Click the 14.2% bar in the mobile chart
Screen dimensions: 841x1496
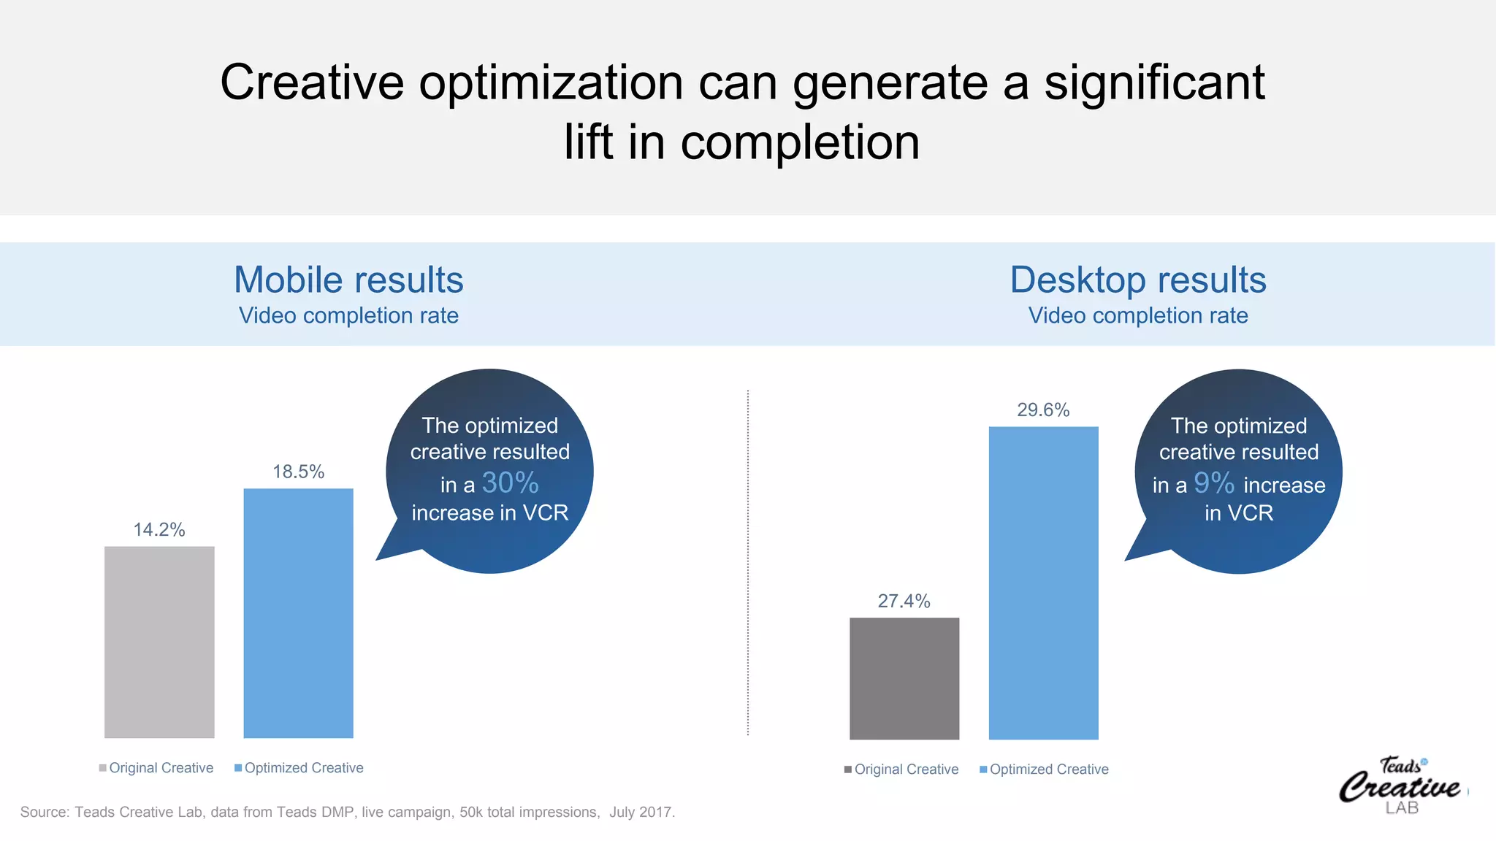click(159, 642)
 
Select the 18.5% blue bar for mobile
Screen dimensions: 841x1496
click(298, 613)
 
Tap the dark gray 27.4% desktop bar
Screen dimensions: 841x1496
click(904, 678)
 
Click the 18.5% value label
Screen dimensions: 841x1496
click(298, 472)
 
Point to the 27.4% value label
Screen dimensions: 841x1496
click(904, 601)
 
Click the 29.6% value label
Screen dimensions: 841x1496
click(1043, 410)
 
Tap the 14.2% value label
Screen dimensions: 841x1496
click(159, 529)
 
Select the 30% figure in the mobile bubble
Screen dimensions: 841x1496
click(510, 483)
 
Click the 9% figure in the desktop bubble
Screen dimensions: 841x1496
click(1213, 483)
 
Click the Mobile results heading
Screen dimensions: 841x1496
click(348, 280)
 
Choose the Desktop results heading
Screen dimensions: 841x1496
click(1137, 280)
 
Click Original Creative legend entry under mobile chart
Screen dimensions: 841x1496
click(157, 768)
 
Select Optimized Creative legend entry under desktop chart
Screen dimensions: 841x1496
click(1045, 769)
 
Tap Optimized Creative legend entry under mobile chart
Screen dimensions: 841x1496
click(299, 768)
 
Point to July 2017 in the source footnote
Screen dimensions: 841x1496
click(641, 812)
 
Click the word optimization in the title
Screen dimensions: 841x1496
click(551, 82)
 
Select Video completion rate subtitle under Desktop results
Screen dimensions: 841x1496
click(1137, 315)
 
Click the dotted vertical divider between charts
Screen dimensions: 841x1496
click(748, 562)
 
